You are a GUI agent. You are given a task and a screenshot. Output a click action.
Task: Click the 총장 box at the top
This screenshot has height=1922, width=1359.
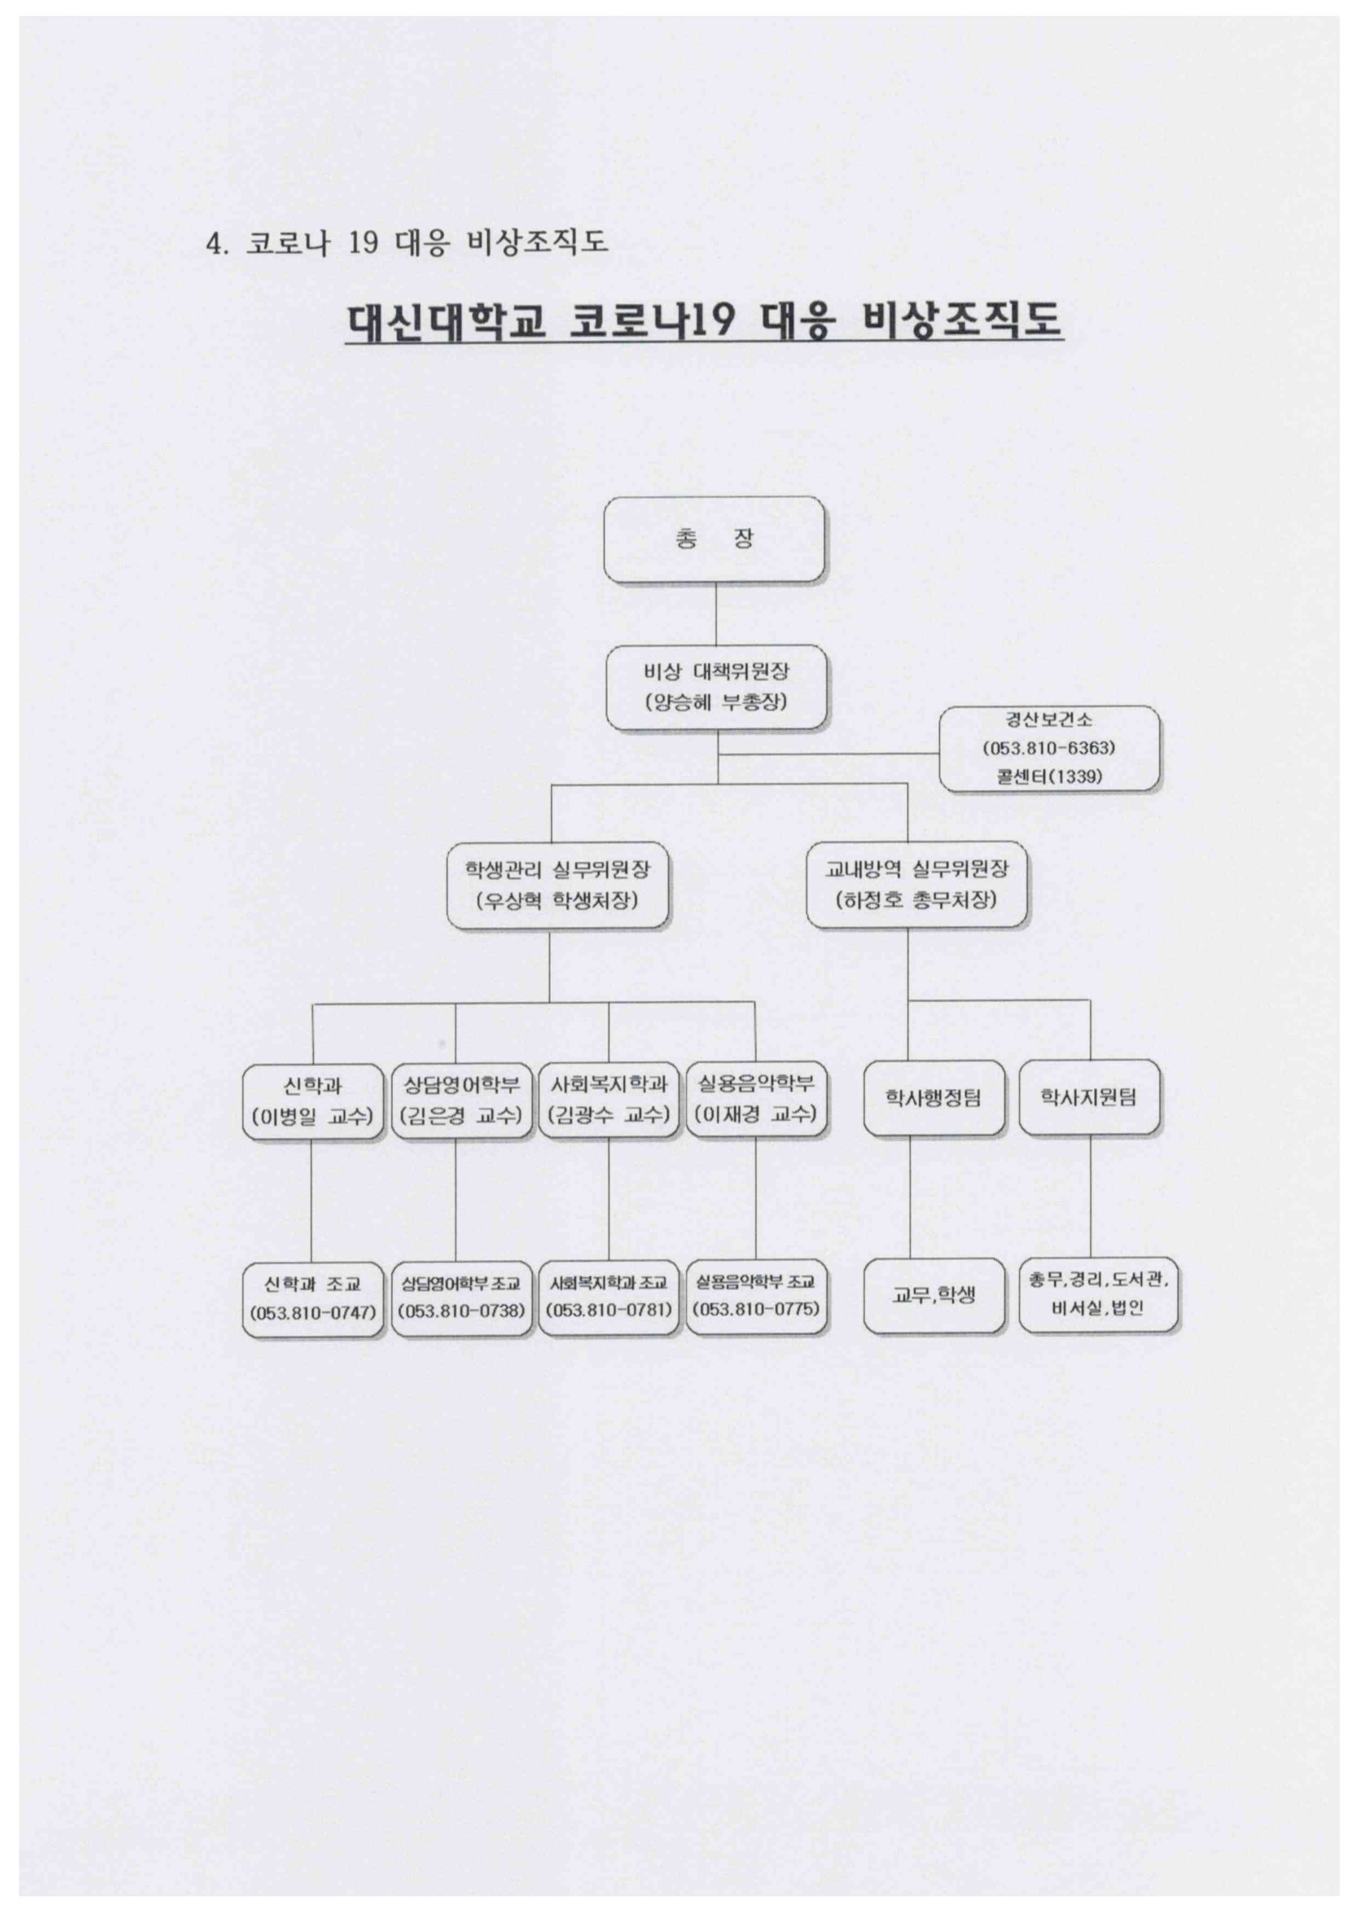[714, 539]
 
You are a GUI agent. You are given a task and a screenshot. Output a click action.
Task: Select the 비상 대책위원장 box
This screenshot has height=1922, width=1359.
[716, 687]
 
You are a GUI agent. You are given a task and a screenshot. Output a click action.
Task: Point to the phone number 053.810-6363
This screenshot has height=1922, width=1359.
[1049, 748]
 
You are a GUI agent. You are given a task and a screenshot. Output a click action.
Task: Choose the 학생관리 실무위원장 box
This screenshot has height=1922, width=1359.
[557, 885]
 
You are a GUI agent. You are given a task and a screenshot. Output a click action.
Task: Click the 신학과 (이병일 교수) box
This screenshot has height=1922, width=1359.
[313, 1101]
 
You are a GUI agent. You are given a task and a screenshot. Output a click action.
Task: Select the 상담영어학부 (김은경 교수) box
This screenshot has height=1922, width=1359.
[462, 1101]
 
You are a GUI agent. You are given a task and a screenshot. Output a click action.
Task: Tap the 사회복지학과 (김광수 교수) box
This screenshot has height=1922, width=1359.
[608, 1101]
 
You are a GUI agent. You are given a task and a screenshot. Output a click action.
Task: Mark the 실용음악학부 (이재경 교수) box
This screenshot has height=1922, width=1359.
[756, 1101]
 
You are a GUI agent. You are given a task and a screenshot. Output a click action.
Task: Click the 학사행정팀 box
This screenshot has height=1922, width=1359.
[934, 1097]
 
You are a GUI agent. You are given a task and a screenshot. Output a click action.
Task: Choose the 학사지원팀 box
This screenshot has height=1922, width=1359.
[1089, 1097]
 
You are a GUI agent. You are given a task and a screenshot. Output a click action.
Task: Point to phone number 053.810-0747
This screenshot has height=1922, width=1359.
[313, 1311]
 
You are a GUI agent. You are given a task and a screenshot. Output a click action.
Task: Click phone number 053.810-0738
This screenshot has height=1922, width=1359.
[462, 1310]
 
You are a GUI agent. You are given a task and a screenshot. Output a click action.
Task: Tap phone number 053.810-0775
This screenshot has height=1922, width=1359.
[756, 1308]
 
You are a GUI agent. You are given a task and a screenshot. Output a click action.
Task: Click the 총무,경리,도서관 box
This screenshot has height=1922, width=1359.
[1098, 1293]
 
